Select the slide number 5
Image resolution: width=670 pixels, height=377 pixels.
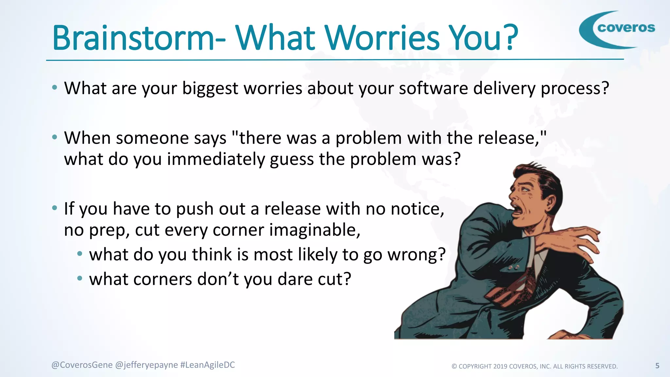[657, 366]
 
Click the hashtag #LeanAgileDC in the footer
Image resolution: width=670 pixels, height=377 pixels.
[207, 365]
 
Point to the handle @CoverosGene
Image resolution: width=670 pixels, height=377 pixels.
[82, 365]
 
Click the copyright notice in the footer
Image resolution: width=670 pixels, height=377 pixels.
[535, 367]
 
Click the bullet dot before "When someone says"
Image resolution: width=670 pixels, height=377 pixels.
[55, 137]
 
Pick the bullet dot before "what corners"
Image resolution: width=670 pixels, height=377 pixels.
[79, 278]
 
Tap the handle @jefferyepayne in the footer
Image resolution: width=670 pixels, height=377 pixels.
[147, 365]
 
